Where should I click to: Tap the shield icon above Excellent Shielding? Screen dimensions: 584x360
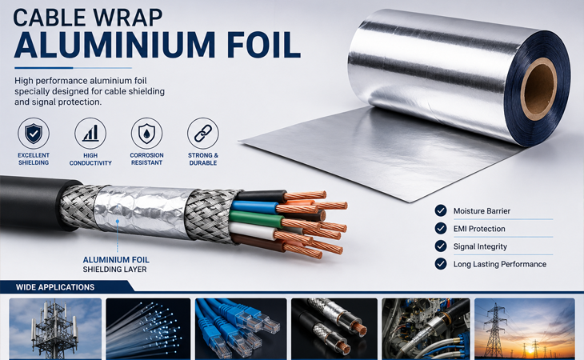point(34,133)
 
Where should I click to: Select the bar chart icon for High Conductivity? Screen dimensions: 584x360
point(90,133)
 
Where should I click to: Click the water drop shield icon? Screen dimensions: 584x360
point(146,133)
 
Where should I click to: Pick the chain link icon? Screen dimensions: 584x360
point(203,133)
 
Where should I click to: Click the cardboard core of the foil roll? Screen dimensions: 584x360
point(538,89)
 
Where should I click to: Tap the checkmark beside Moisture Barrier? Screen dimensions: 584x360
point(441,210)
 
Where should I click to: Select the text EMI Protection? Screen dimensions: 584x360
point(479,229)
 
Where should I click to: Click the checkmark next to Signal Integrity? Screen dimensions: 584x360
point(441,246)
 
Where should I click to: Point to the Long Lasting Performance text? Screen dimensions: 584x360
point(499,264)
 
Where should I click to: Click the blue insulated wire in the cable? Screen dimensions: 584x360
point(254,207)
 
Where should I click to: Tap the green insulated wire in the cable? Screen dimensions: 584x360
point(256,219)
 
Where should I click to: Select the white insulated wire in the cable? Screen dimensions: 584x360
point(253,231)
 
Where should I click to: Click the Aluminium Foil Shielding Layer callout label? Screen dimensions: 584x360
point(116,264)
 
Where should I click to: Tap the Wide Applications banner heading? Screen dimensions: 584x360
point(55,287)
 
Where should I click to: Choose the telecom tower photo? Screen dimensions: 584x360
point(55,328)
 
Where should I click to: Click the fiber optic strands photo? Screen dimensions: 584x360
point(148,328)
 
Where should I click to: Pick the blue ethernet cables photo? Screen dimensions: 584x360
point(241,328)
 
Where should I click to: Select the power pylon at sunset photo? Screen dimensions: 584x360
point(525,328)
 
